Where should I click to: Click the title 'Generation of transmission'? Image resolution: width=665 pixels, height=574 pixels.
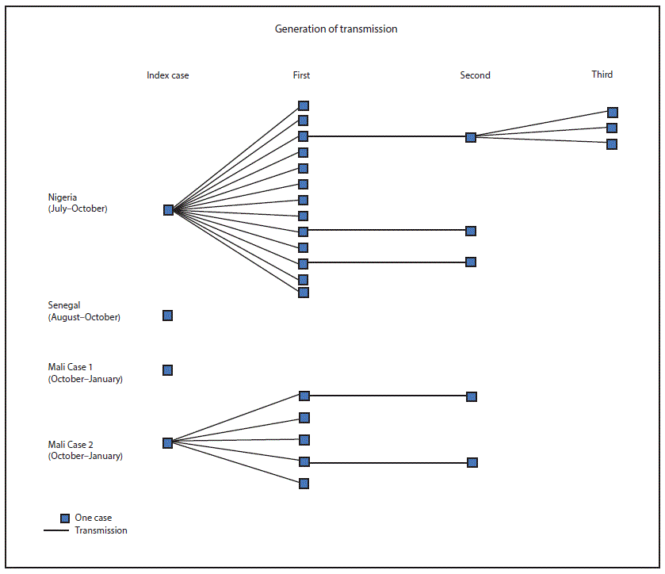tap(336, 29)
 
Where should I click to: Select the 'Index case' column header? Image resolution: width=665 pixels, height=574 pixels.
tap(168, 75)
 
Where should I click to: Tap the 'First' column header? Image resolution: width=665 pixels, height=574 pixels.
tap(301, 75)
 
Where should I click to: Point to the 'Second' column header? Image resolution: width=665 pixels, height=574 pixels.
tap(475, 75)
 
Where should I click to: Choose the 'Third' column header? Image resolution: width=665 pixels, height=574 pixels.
tap(602, 75)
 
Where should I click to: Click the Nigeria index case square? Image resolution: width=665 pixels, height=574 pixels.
tap(168, 210)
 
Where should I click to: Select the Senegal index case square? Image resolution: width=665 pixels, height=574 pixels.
tap(167, 316)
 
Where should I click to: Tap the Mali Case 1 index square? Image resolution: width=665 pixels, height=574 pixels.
tap(167, 370)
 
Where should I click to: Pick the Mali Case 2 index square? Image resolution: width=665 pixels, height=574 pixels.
tap(167, 443)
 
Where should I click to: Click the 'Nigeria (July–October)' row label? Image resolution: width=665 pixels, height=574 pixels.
tap(77, 203)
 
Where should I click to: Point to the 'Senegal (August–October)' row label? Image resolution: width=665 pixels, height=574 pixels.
tap(83, 311)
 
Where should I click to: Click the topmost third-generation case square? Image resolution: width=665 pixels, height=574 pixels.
tap(613, 113)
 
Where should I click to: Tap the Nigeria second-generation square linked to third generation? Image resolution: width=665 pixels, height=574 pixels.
tap(471, 137)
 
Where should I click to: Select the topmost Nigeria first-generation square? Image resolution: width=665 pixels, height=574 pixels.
tap(304, 105)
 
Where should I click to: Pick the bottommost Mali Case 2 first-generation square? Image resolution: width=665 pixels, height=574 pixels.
tap(304, 484)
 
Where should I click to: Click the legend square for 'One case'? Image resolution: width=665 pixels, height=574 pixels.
tap(65, 519)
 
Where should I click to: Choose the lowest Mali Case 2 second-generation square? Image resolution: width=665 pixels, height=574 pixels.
tap(472, 462)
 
